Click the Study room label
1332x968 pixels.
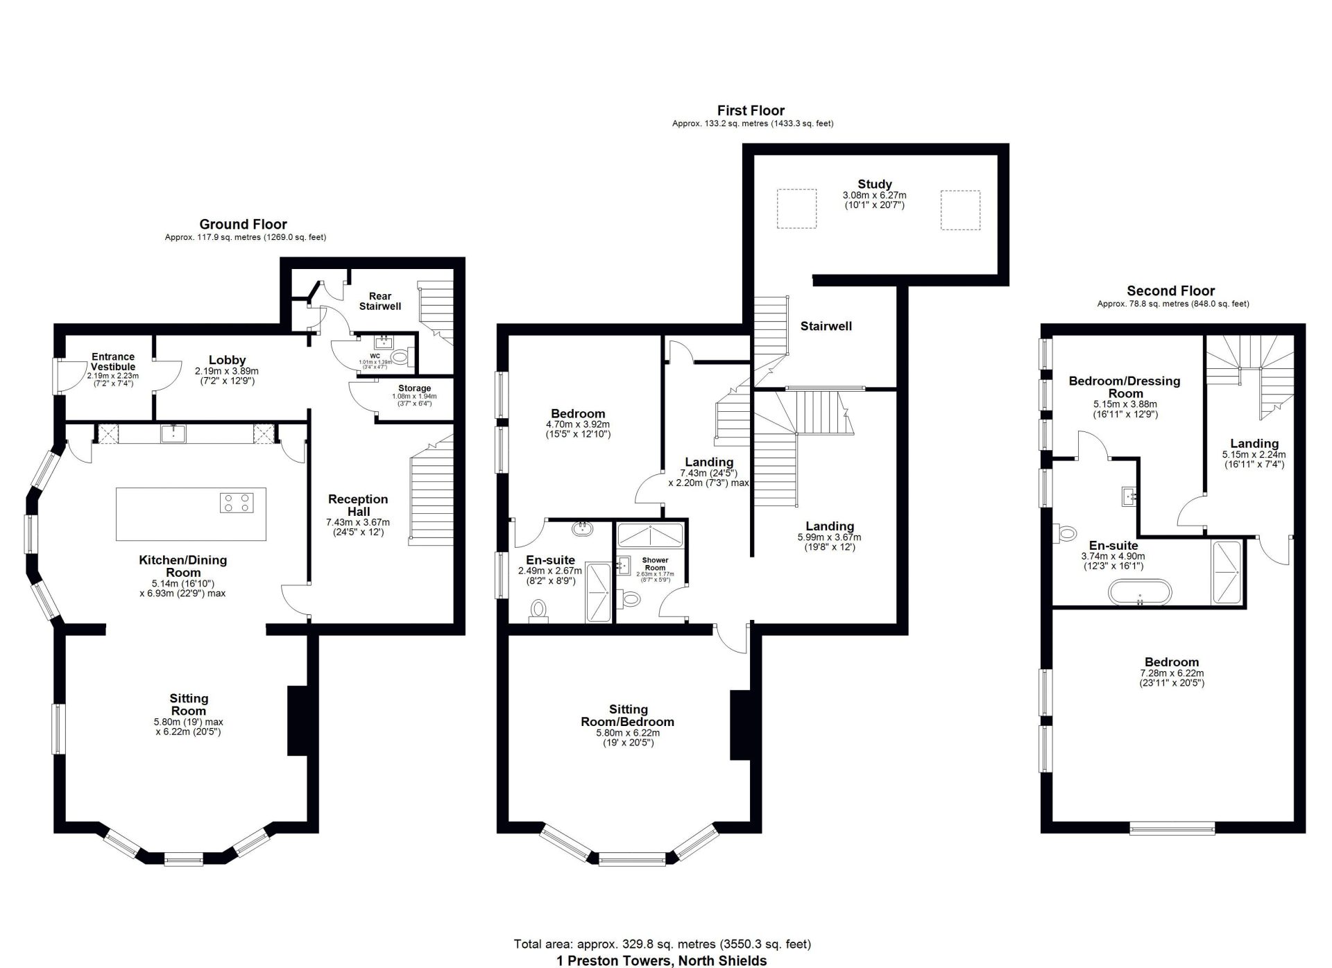pos(874,184)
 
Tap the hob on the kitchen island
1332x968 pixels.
pos(237,502)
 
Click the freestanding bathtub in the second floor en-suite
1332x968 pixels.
pos(1140,593)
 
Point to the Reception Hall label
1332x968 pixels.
pos(358,505)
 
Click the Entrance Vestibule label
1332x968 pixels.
pos(113,361)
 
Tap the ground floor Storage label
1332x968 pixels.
pos(414,388)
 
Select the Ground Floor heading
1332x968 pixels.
pos(243,224)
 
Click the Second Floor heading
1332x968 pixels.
pos(1170,291)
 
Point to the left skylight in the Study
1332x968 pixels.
pos(796,209)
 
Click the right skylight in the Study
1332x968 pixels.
pos(960,209)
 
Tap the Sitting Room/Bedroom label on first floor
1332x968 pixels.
pos(628,716)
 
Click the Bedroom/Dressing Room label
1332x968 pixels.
pos(1125,387)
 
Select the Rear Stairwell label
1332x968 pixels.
pos(380,301)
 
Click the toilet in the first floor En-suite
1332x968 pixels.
pos(538,610)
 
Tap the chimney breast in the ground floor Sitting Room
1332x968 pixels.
pos(298,720)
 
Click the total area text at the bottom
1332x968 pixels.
pos(662,944)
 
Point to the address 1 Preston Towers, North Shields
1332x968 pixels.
pos(662,960)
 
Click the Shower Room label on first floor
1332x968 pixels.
pos(655,564)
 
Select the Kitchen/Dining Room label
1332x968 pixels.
pos(182,566)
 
